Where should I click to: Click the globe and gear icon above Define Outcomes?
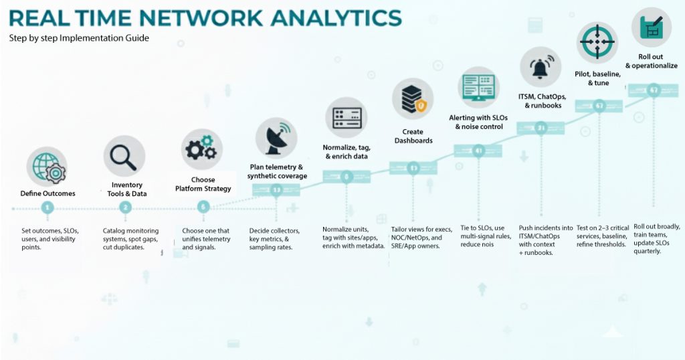[47, 168]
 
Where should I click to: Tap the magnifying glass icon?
[124, 157]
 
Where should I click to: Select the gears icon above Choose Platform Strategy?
[201, 149]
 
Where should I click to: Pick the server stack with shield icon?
[412, 99]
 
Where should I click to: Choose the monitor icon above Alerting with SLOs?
[478, 87]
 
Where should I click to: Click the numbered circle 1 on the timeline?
[47, 208]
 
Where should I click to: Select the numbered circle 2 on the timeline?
[124, 208]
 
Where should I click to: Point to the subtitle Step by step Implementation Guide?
[79, 38]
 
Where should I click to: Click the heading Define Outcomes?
[47, 193]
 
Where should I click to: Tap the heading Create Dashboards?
[413, 137]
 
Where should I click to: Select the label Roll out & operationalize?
[651, 62]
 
